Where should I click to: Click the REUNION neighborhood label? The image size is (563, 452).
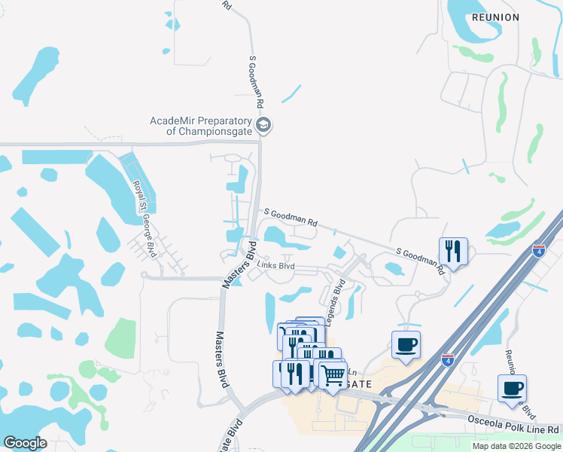[x=495, y=17]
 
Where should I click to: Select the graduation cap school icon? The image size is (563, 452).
[x=263, y=125]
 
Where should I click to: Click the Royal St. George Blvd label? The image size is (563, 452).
[x=145, y=218]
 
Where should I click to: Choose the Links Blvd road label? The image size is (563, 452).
[x=276, y=266]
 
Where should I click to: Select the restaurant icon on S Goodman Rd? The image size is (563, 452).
[x=453, y=250]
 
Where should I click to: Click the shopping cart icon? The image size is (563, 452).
[x=333, y=374]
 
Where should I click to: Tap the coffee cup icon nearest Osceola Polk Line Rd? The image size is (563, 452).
[x=512, y=389]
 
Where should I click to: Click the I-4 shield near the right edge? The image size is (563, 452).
[x=538, y=251]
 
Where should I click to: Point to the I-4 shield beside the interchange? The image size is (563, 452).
[x=447, y=360]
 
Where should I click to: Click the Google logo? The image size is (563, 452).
[x=25, y=443]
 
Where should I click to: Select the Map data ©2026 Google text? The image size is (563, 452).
[x=516, y=446]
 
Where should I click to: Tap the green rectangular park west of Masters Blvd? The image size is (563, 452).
[x=120, y=337]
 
